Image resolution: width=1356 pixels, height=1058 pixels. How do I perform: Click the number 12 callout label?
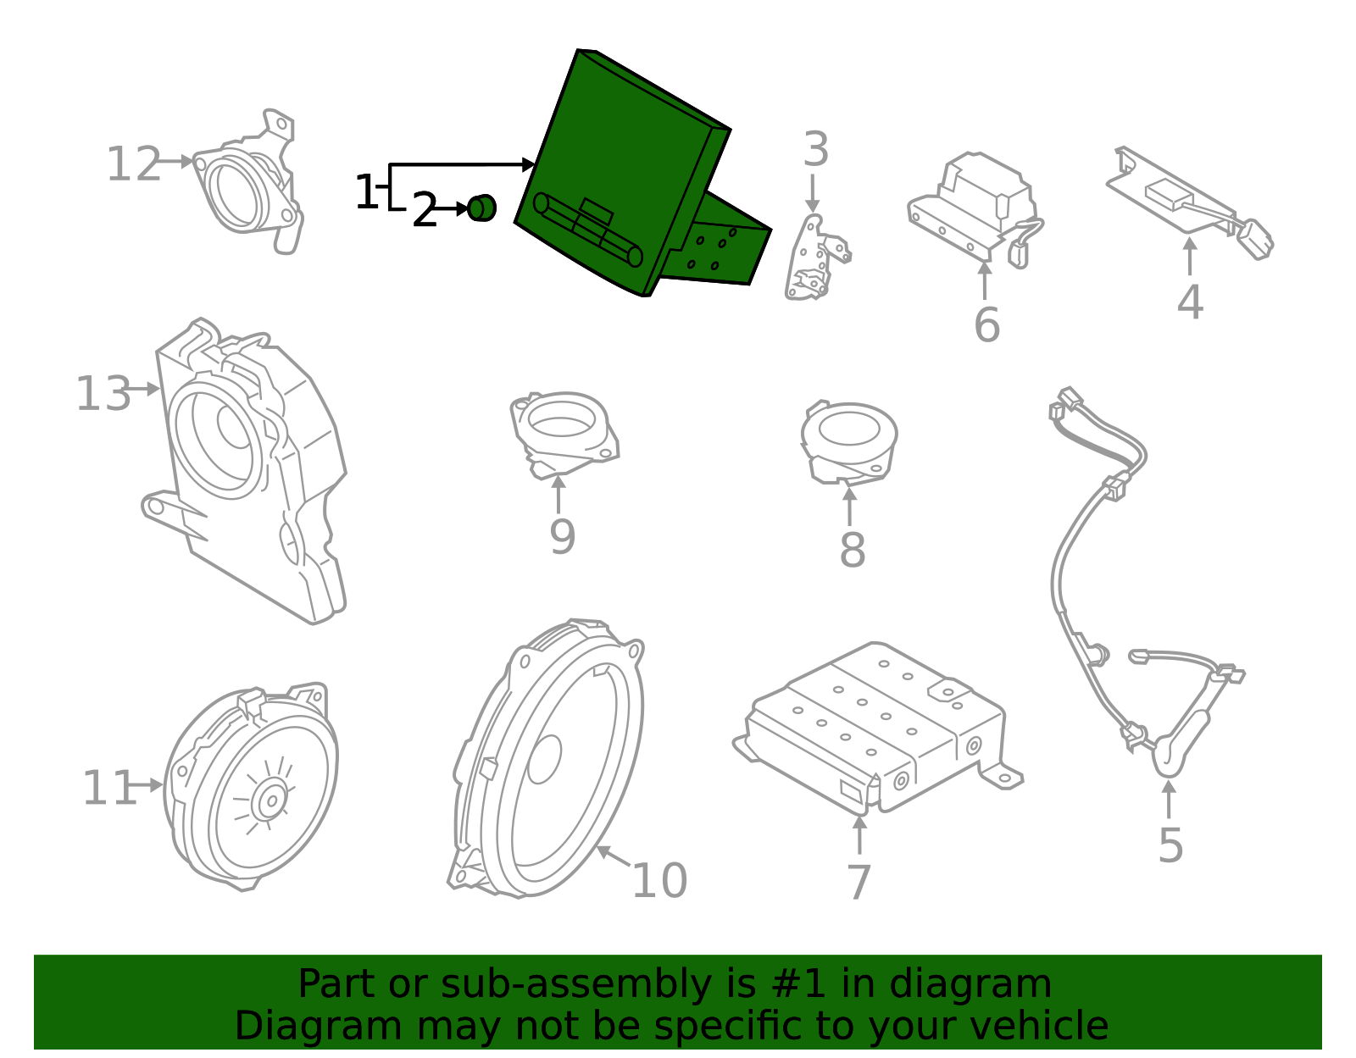pos(133,164)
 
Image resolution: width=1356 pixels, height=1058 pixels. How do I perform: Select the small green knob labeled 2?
pos(482,208)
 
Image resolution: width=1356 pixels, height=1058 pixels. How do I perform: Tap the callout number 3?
pos(815,150)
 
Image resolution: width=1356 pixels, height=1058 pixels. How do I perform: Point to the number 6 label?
pos(986,325)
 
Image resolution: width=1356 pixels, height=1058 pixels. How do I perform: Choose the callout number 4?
pos(1190,302)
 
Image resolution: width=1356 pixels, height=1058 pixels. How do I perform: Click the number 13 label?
pos(103,394)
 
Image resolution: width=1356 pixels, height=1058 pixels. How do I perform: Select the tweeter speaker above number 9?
pos(562,432)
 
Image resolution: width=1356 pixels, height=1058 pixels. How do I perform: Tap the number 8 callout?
pos(852,550)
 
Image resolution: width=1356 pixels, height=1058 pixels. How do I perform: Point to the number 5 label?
pos(1170,845)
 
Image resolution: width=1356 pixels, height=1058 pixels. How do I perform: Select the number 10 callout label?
pos(659,880)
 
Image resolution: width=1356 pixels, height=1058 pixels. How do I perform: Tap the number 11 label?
pos(108,789)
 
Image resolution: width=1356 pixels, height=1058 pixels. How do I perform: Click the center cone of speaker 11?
pos(271,800)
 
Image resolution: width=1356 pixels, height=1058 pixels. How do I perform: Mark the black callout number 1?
pos(366,192)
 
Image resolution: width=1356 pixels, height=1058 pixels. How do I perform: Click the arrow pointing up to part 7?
pos(859,834)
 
